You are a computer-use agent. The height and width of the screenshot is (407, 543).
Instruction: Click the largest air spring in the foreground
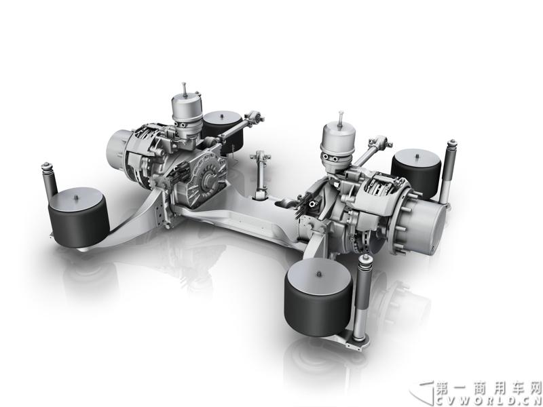[x=318, y=297]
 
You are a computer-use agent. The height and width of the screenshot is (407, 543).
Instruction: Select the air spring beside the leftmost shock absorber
[x=79, y=218]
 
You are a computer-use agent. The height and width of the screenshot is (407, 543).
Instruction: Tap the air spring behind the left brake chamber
[x=223, y=131]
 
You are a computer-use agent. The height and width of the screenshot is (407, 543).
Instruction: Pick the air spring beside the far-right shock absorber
[x=417, y=173]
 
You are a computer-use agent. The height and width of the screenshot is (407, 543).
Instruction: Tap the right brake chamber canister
[x=338, y=142]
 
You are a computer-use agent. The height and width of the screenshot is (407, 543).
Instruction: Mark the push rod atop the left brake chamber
[x=185, y=89]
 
